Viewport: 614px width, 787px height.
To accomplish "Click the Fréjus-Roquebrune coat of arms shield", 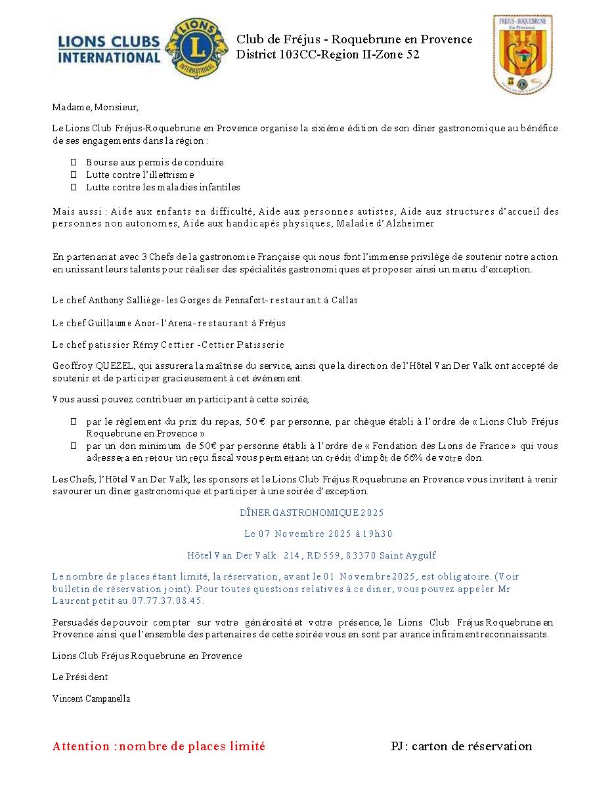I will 522,55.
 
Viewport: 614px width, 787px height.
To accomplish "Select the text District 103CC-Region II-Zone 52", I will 328,55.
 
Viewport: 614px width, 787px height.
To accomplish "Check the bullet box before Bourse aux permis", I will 74,162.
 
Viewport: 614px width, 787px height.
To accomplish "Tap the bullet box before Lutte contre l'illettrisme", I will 74,175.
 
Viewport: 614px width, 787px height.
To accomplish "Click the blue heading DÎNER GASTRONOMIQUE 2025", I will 311,513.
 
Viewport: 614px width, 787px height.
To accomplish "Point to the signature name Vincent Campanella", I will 91,698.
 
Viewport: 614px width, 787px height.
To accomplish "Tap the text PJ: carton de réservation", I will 461,746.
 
